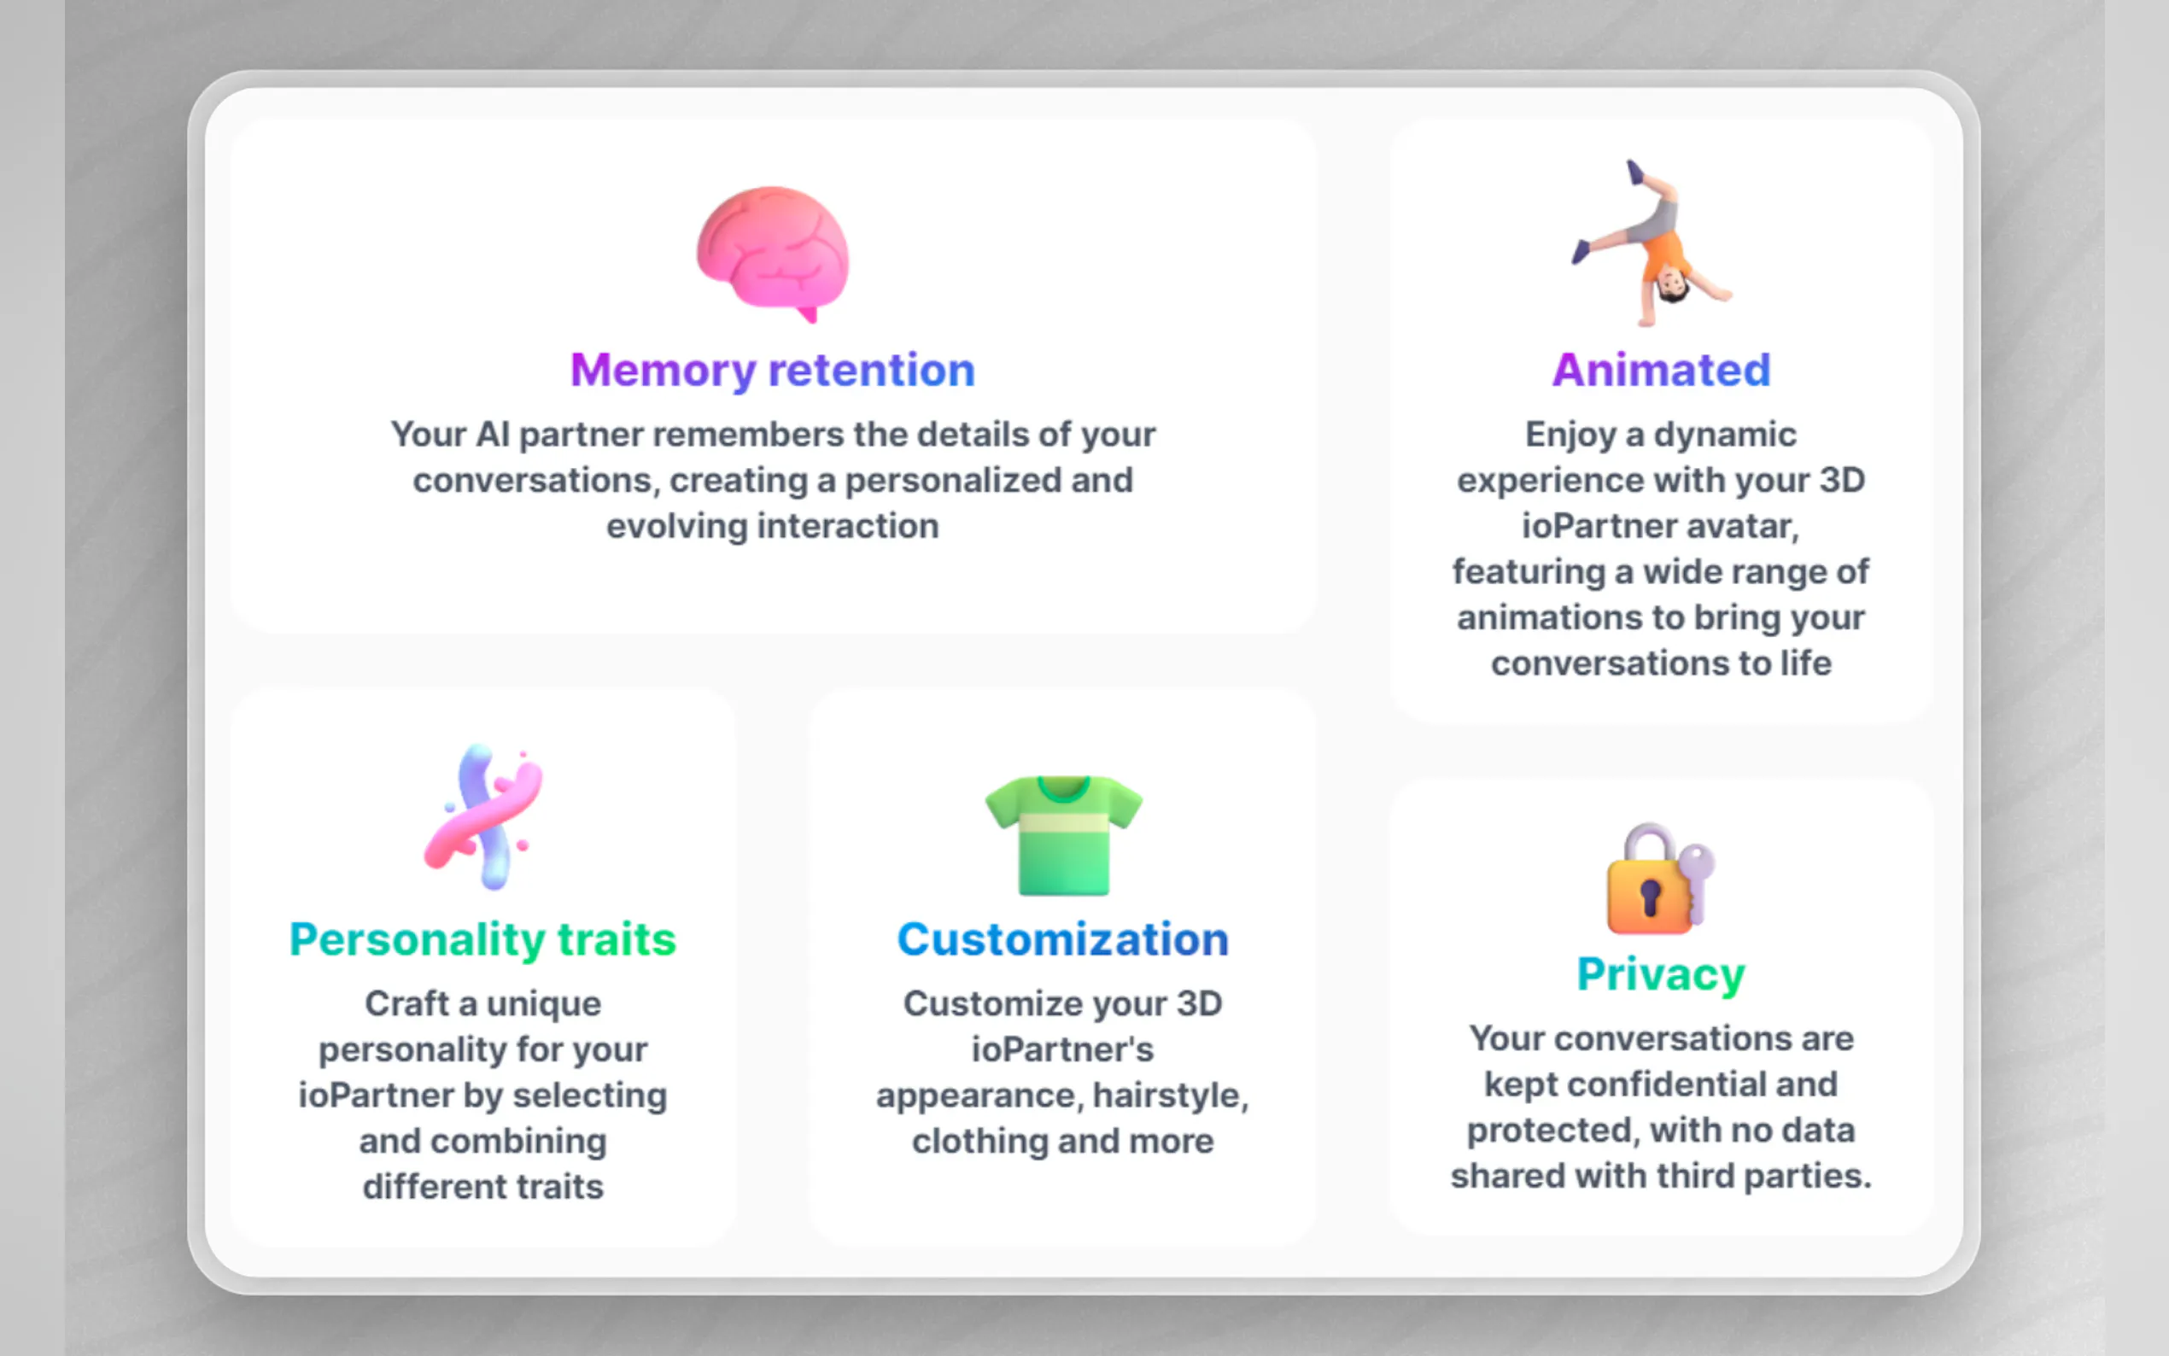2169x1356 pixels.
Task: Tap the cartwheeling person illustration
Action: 1651,244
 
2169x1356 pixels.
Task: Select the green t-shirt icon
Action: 1063,835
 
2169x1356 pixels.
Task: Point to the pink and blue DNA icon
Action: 484,817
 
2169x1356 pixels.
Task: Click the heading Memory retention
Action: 773,371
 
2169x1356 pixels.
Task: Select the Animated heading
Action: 1662,370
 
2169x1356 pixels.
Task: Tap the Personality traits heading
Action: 482,940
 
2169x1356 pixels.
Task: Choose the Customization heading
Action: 1062,939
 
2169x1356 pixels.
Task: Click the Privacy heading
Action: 1661,975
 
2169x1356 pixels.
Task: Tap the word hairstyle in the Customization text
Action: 1170,1096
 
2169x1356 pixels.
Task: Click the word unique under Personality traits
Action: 543,1004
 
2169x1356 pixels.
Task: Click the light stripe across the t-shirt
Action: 1063,822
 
